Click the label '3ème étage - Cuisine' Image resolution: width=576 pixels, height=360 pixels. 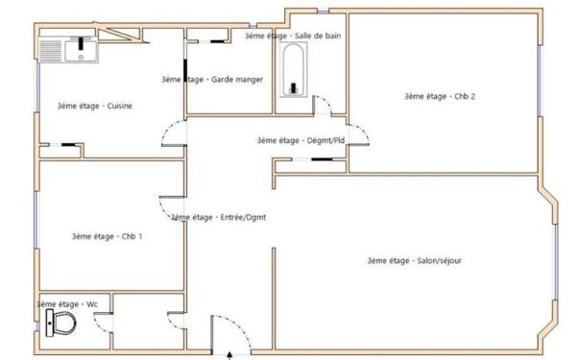[x=94, y=106]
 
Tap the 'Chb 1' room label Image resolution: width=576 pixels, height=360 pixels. [x=108, y=236]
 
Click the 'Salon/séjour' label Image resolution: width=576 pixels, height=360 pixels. [x=415, y=261]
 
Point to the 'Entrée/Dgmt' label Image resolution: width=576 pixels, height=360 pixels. [x=218, y=217]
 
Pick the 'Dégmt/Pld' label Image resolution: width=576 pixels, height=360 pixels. [x=300, y=140]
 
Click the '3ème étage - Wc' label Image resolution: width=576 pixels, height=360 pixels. [x=67, y=303]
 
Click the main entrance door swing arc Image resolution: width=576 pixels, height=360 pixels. [x=221, y=336]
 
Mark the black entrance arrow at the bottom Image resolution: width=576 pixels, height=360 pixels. [x=229, y=354]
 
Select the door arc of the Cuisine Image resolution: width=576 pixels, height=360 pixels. [x=170, y=138]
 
